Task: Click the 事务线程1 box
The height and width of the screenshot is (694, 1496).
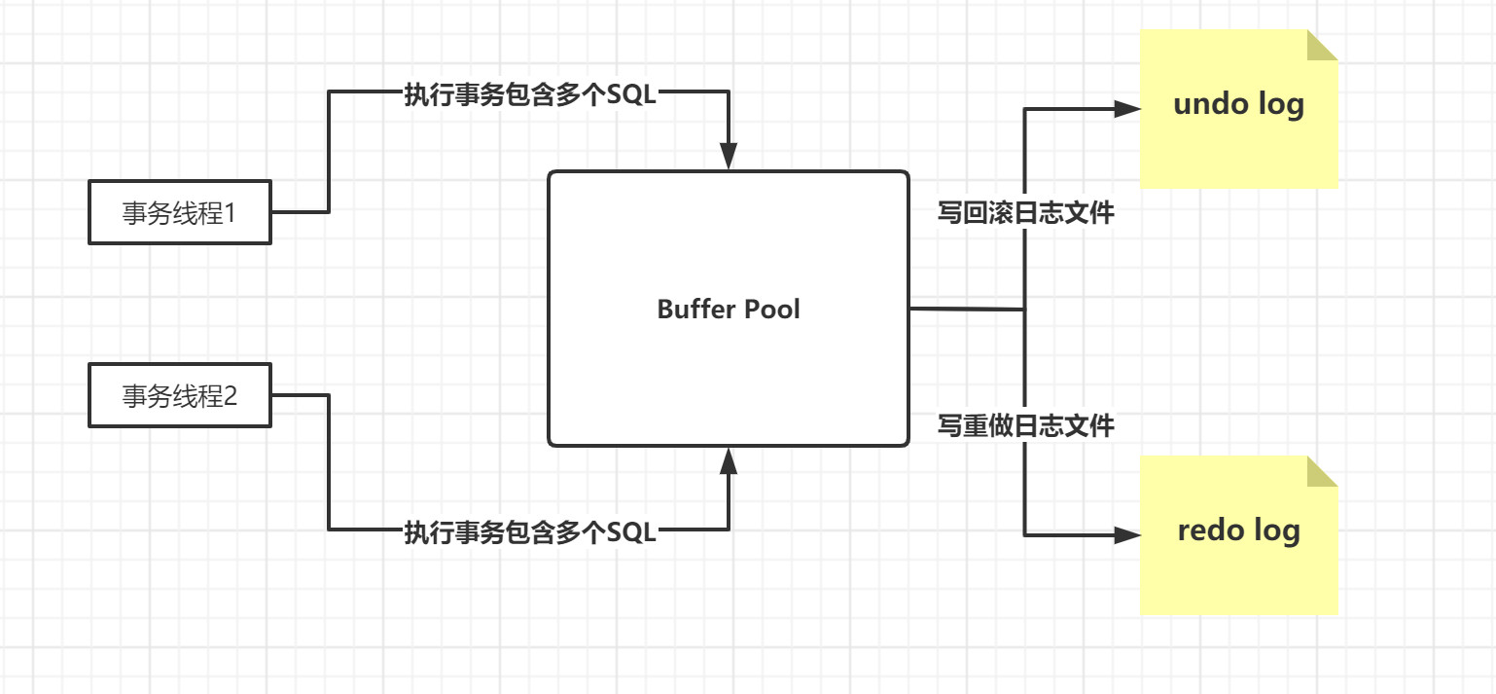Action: click(x=179, y=212)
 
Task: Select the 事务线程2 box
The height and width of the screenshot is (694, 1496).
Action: click(x=179, y=395)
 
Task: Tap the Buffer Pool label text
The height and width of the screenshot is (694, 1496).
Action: click(x=729, y=310)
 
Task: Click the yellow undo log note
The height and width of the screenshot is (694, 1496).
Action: click(x=1238, y=109)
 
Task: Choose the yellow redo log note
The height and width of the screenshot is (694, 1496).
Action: click(x=1238, y=535)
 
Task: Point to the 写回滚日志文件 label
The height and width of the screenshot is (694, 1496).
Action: click(x=1025, y=213)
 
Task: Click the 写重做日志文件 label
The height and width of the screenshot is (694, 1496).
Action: click(x=1025, y=425)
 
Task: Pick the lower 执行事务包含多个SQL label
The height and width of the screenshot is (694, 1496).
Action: click(x=530, y=532)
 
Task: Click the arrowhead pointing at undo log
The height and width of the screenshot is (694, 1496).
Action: click(x=1128, y=109)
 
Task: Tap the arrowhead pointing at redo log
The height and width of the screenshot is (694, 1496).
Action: click(x=1128, y=534)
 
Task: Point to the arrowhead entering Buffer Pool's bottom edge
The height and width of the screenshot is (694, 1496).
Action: click(x=729, y=460)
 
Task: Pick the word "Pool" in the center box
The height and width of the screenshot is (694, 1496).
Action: click(x=772, y=310)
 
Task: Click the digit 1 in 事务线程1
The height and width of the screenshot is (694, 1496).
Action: click(x=231, y=212)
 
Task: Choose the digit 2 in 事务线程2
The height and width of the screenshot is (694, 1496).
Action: click(x=231, y=395)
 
